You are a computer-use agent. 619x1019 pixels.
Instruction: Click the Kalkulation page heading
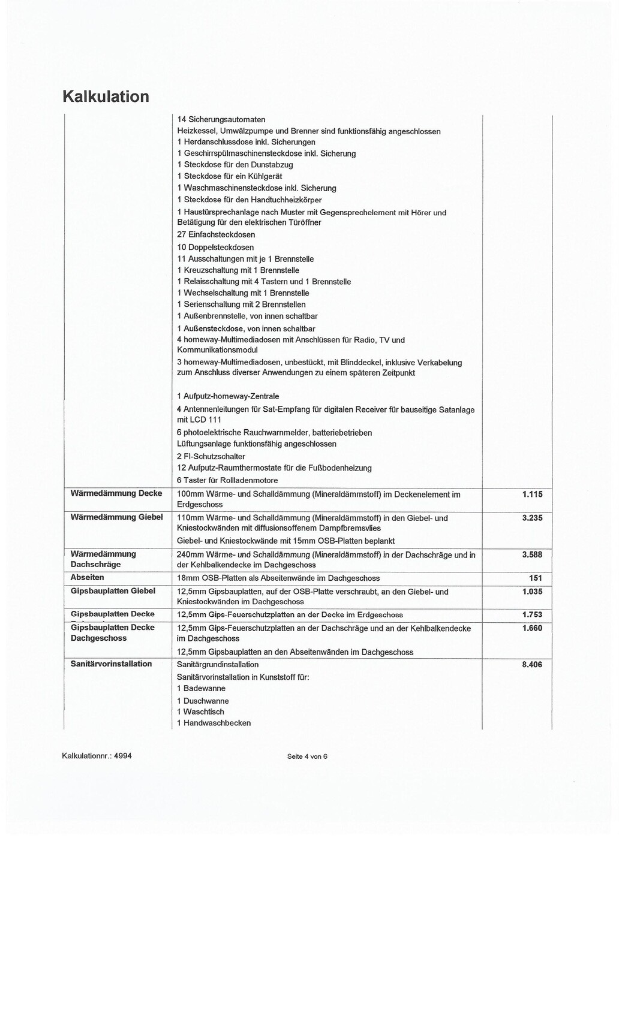(x=106, y=97)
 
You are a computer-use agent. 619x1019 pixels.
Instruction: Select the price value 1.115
(x=532, y=495)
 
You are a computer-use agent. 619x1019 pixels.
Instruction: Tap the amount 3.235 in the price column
(x=532, y=518)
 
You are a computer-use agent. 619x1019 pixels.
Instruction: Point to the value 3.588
(x=532, y=554)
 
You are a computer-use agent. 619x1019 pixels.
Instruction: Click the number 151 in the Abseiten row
(x=536, y=578)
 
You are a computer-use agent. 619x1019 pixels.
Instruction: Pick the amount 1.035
(x=532, y=592)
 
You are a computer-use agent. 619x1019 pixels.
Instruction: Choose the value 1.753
(x=532, y=614)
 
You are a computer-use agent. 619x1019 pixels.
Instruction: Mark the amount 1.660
(x=532, y=628)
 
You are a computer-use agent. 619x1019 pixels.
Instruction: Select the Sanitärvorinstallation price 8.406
(x=532, y=664)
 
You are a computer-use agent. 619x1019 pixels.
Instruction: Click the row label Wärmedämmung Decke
(x=116, y=493)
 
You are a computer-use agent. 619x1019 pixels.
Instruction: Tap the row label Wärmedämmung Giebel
(x=116, y=517)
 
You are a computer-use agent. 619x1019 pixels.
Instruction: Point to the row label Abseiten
(x=88, y=577)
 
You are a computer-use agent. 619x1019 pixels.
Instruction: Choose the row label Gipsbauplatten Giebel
(x=113, y=591)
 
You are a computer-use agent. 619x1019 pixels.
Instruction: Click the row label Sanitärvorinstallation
(x=112, y=664)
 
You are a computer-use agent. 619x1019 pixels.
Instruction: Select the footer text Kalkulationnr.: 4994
(x=97, y=755)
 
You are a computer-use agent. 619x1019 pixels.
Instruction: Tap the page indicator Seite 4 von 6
(x=307, y=756)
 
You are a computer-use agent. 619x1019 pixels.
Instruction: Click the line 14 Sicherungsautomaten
(x=221, y=119)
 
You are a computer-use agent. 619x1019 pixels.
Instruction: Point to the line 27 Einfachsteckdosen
(x=216, y=234)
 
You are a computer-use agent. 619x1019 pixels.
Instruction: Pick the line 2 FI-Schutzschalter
(x=211, y=456)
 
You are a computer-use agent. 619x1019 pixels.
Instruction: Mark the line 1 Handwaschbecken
(x=214, y=723)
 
